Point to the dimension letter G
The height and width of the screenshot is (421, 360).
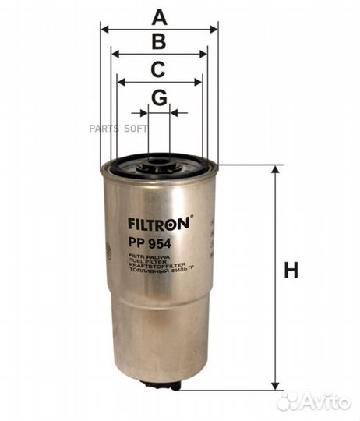159,97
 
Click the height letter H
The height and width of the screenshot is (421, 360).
290,271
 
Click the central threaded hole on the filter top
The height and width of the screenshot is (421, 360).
159,163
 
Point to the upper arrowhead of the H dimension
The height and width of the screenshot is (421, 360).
274,170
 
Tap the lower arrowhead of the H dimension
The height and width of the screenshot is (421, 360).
274,385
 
